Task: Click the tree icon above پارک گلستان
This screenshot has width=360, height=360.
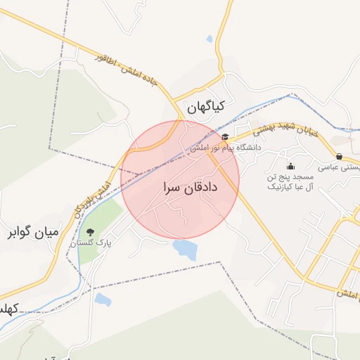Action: point(90,232)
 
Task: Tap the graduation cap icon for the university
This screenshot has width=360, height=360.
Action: point(225,137)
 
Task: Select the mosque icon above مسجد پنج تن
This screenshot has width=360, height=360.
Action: point(290,166)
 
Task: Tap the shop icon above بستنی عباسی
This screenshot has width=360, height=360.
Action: point(340,156)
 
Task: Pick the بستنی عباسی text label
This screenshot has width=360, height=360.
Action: point(339,167)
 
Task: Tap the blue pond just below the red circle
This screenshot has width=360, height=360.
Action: point(185,248)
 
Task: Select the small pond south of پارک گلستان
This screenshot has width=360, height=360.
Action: point(103,300)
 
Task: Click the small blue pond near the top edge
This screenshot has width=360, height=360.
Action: point(210,40)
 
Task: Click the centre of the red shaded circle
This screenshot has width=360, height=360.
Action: point(181,180)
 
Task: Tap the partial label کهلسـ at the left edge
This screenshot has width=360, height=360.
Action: point(8,309)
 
